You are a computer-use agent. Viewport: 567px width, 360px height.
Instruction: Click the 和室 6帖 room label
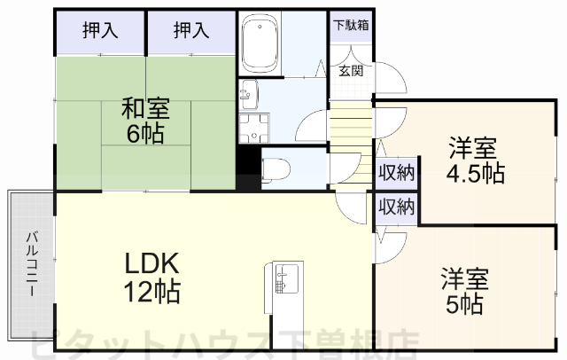pyautogui.click(x=145, y=121)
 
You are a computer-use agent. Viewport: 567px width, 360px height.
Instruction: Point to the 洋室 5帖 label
pyautogui.click(x=464, y=293)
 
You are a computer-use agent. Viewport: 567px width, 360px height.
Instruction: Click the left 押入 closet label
pyautogui.click(x=99, y=30)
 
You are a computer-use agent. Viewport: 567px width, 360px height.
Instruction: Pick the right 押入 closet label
pyautogui.click(x=190, y=30)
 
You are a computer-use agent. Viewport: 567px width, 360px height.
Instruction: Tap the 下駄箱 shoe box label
pyautogui.click(x=350, y=25)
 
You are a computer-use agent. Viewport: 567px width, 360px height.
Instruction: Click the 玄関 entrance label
pyautogui.click(x=349, y=71)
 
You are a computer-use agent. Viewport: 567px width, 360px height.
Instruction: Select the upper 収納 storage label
pyautogui.click(x=396, y=172)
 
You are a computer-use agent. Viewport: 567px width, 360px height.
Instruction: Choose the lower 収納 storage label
pyautogui.click(x=396, y=207)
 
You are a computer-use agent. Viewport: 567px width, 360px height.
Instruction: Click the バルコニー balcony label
pyautogui.click(x=32, y=262)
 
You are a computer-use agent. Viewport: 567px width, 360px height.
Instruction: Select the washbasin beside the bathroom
pyautogui.click(x=248, y=91)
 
